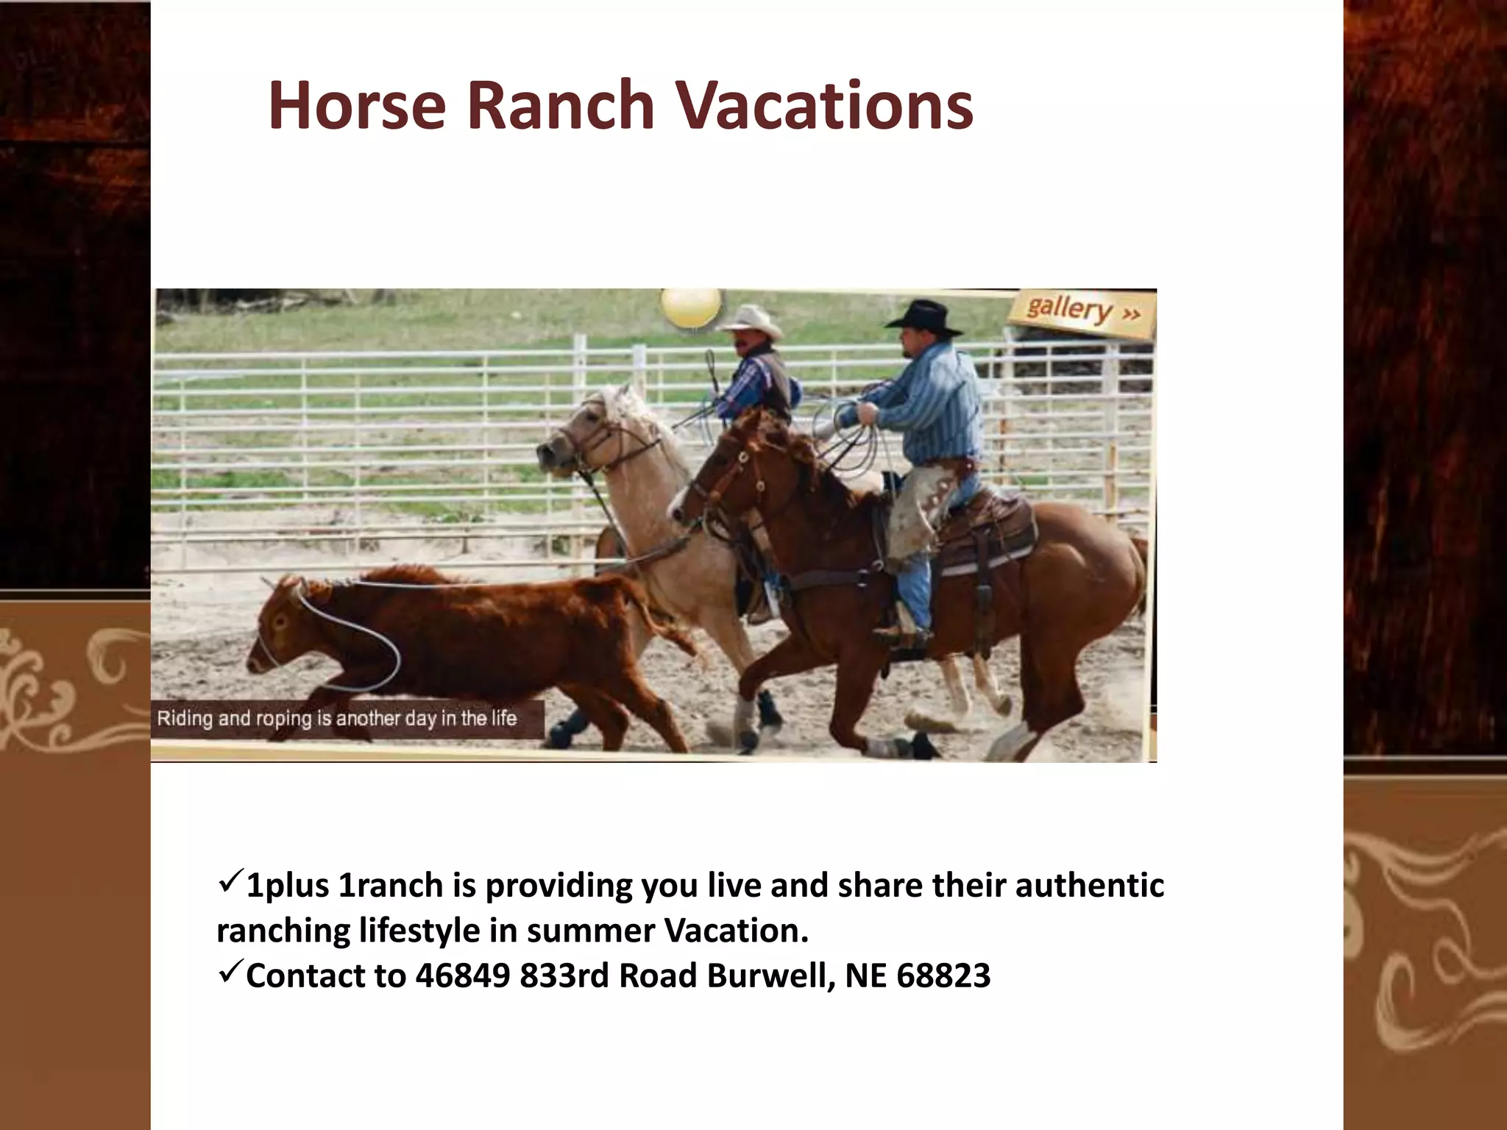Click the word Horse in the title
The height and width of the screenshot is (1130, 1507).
point(357,106)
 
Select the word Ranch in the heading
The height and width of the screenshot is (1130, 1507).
point(560,106)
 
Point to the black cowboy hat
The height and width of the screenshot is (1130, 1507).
point(923,317)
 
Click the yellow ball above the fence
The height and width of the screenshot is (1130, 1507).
point(690,306)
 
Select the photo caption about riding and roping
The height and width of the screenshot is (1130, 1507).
point(337,718)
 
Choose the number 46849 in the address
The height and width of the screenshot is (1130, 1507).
point(462,976)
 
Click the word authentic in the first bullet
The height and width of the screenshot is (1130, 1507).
point(1089,886)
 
